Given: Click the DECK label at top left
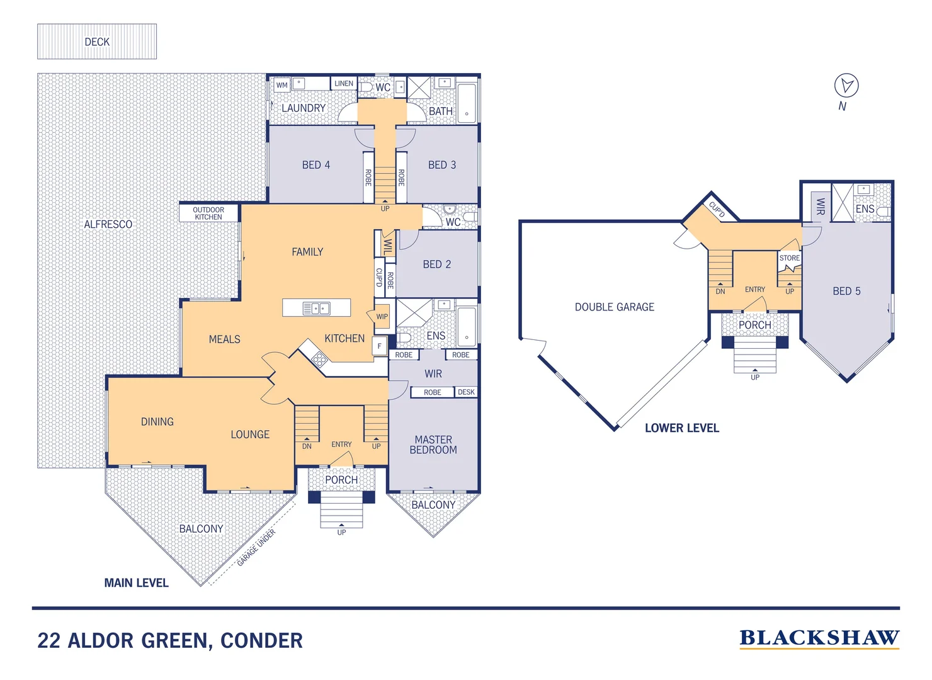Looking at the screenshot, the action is tap(97, 42).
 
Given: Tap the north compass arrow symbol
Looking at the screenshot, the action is tap(846, 85).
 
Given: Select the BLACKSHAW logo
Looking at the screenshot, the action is tap(819, 638).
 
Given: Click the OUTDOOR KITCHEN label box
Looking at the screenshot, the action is tap(208, 213).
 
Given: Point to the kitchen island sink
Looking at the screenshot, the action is tap(316, 308).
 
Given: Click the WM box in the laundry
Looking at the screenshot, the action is tap(281, 85).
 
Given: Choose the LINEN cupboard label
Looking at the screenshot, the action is tap(344, 83).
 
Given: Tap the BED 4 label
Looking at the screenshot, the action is tap(316, 165).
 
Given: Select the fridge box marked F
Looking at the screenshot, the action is tap(379, 346).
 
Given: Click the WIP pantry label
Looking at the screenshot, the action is tap(382, 317).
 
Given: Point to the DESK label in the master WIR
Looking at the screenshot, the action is tap(466, 392).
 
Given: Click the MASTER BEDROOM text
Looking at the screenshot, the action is tap(433, 445).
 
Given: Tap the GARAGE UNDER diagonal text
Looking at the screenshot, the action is tap(256, 548).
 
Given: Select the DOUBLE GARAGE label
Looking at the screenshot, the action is tap(614, 307).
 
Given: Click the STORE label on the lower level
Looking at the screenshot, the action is tap(789, 258).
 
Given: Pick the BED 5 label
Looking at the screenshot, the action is tap(846, 291).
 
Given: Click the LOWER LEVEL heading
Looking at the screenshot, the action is tap(681, 428).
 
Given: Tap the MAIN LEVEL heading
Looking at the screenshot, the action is tap(136, 583).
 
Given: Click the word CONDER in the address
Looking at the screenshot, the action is tap(261, 641).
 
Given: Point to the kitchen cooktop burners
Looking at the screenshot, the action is tap(319, 359).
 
